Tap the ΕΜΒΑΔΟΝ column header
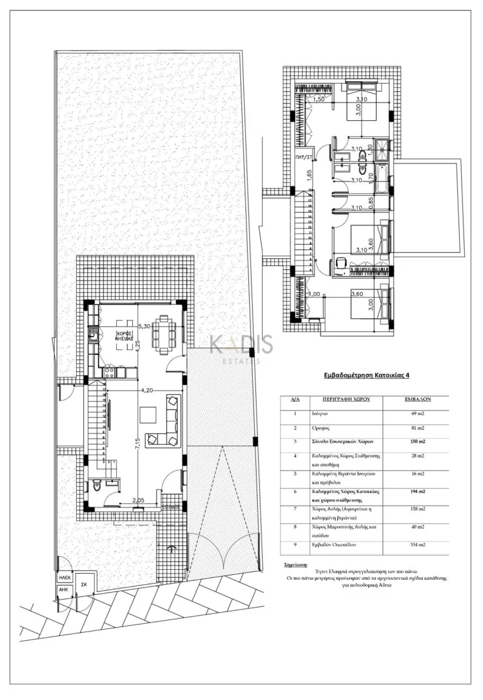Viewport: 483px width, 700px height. click(416, 399)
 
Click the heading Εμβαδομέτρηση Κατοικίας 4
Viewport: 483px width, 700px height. click(367, 375)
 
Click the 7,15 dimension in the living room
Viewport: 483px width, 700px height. click(137, 445)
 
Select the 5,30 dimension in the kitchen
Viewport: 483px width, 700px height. click(144, 326)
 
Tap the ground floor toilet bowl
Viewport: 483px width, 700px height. click(96, 486)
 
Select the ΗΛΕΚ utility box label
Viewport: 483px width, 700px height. click(64, 577)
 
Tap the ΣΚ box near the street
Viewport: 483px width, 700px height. click(84, 584)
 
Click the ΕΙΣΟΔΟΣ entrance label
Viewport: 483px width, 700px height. click(170, 505)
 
